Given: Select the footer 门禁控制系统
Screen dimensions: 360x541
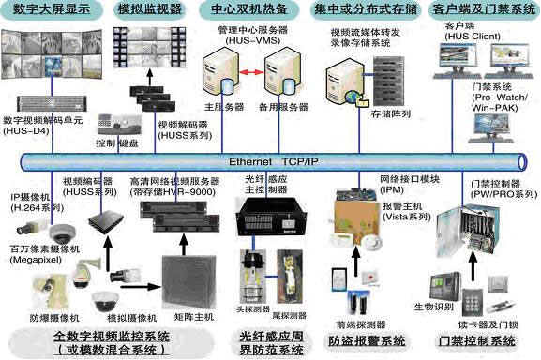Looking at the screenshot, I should coord(476,339).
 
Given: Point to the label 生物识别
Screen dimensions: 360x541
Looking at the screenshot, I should coord(449,305).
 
